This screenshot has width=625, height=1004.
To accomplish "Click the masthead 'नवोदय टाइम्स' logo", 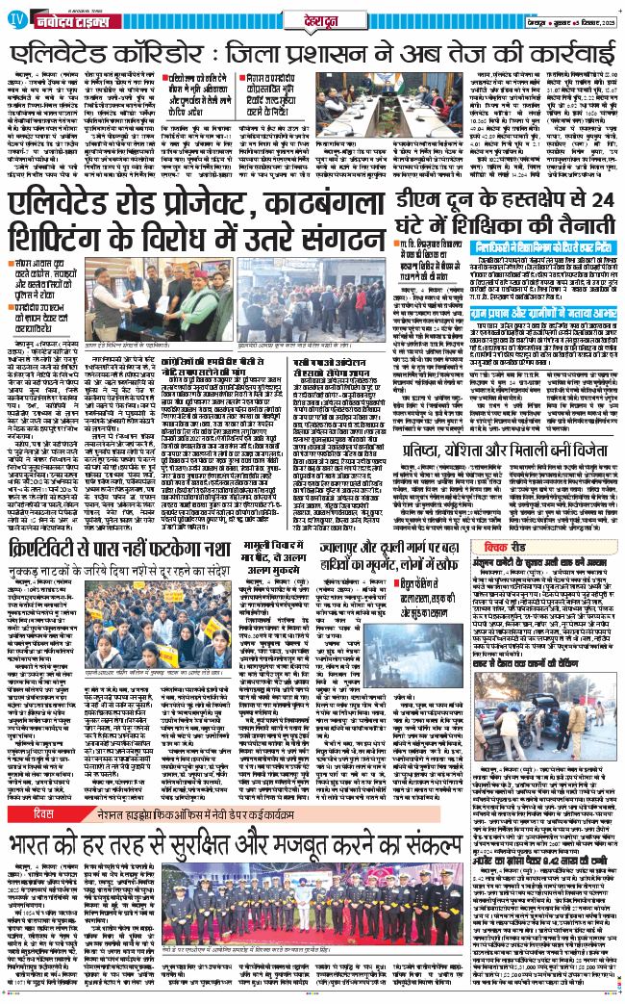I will pos(69,19).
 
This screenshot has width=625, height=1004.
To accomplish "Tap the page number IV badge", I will pos(16,19).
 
